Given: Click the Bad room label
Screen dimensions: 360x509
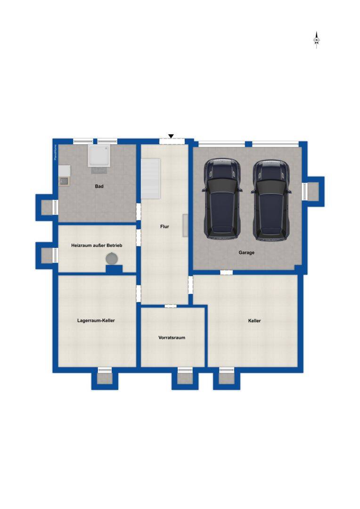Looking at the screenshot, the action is coord(99,186).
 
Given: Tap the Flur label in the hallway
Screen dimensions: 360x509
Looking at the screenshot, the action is coord(164,227).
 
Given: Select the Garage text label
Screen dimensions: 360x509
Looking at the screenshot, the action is coord(246,253).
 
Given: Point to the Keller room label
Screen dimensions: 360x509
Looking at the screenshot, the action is coord(254,321).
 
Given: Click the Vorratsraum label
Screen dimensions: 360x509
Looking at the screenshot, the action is coord(172,337).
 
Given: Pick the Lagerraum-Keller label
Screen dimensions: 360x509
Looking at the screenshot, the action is coord(96,321).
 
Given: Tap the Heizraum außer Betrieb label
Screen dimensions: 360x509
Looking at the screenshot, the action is coord(97,246).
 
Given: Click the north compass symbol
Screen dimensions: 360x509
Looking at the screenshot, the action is coord(317,40).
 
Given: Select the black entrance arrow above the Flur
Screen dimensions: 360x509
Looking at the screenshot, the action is coord(171,136).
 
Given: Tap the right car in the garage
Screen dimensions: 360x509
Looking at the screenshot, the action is coord(271,200).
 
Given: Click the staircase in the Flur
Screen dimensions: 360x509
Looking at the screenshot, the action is coord(150,178).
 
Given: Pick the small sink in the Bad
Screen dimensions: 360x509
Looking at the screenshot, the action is coord(64,181).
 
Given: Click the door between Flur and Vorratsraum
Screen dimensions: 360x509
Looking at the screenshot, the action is coord(171,306).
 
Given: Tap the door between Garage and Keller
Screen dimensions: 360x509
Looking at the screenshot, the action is coord(226,272).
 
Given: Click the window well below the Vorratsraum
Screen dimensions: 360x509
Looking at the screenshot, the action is coord(185,378).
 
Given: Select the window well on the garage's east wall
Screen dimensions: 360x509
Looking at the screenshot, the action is coord(313,191).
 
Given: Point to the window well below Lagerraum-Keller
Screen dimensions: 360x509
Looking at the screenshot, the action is coord(105,378).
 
